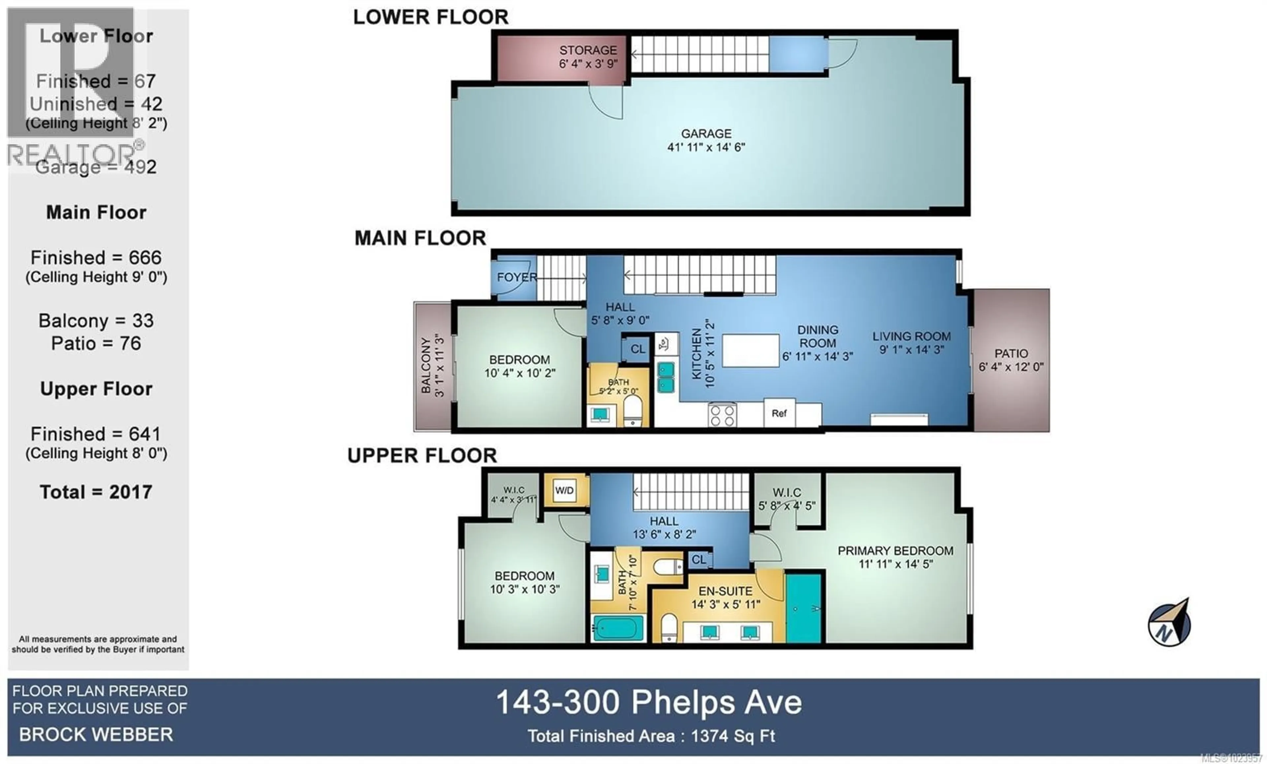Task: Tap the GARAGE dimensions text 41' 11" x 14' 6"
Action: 706,147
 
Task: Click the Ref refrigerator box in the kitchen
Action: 779,413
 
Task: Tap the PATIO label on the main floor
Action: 1011,354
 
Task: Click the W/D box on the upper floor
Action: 564,490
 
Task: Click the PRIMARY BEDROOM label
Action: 895,551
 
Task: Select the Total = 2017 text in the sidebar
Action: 96,492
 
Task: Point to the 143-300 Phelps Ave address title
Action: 649,702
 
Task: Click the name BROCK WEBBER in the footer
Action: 96,735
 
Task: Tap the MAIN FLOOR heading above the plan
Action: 420,238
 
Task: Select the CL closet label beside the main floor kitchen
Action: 637,349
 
